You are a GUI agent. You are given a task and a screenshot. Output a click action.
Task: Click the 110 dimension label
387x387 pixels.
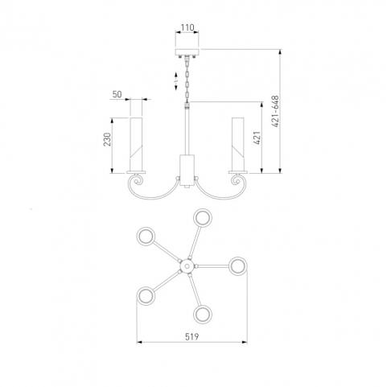[187, 27]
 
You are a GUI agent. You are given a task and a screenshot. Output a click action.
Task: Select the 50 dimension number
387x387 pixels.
[117, 94]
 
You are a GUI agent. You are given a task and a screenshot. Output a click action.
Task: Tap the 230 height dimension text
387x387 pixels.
[107, 139]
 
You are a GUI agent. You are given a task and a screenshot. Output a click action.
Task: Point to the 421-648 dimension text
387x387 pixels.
[275, 111]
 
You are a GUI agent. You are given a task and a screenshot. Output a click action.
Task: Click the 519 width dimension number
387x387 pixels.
[192, 336]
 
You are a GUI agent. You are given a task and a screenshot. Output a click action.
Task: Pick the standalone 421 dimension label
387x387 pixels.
[257, 138]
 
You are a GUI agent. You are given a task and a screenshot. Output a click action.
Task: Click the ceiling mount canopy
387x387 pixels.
[187, 52]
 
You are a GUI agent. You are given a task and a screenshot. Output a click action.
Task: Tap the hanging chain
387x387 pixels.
[187, 79]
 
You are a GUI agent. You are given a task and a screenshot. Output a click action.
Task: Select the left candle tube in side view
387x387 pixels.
[136, 144]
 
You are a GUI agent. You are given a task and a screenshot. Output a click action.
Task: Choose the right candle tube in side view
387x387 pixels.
[238, 144]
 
